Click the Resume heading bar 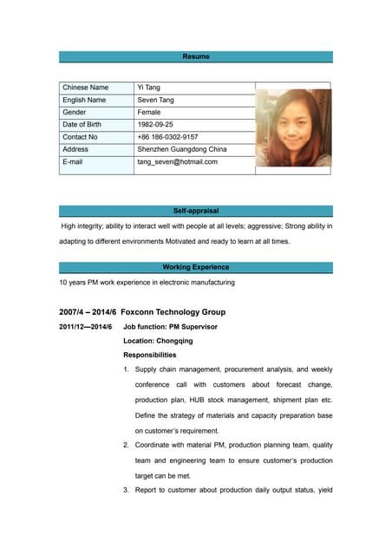click(195, 56)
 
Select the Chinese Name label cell click(86, 88)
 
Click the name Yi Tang click(149, 88)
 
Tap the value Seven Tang click(156, 100)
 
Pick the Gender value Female click(151, 112)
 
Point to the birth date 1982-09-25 click(156, 124)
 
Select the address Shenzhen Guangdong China click(181, 149)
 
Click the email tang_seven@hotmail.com click(177, 161)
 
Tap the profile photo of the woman click(293, 128)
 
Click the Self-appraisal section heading click(195, 211)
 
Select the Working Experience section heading click(195, 267)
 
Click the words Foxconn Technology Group click(173, 312)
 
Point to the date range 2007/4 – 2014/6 click(87, 312)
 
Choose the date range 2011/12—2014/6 click(85, 327)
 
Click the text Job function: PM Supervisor click(170, 327)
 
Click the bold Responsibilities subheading click(149, 355)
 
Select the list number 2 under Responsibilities click(126, 446)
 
